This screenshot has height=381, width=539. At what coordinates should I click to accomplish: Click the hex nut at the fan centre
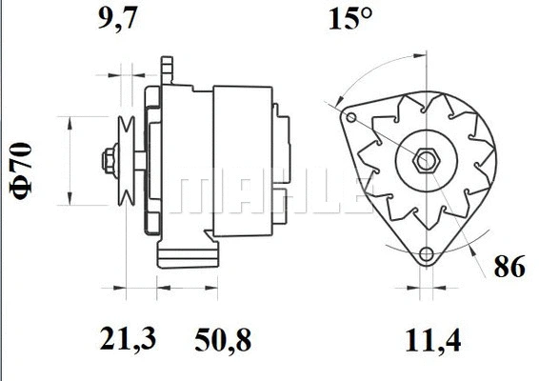[x=426, y=159]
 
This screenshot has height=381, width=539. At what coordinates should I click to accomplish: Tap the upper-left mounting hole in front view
[x=351, y=118]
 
